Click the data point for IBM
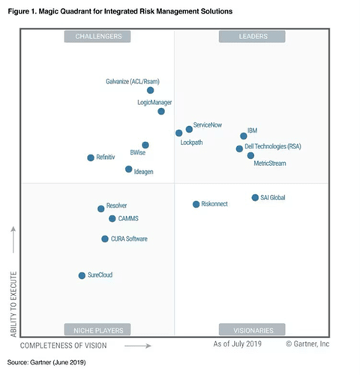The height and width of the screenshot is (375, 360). pos(243,136)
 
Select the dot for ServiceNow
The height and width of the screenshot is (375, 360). pos(189,129)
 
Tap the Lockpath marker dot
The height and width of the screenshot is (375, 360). pos(178,133)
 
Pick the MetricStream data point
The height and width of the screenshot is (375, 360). pos(250,155)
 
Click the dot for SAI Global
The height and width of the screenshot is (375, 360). pos(255,198)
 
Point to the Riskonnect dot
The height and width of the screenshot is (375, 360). pos(196,204)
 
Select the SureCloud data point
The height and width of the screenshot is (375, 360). pos(82,275)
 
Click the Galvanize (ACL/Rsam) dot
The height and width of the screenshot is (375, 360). pos(151,90)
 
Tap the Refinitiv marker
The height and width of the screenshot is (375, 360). pos(91,157)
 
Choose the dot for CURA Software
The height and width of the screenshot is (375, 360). pos(105,238)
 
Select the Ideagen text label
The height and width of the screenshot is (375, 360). pos(144,172)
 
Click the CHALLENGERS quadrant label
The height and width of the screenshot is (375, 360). pos(97,36)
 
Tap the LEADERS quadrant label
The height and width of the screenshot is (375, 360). pos(251,36)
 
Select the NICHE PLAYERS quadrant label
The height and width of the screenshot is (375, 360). pos(97,329)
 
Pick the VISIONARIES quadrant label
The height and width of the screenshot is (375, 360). pos(251,329)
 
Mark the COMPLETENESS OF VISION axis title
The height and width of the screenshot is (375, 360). pos(64,345)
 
